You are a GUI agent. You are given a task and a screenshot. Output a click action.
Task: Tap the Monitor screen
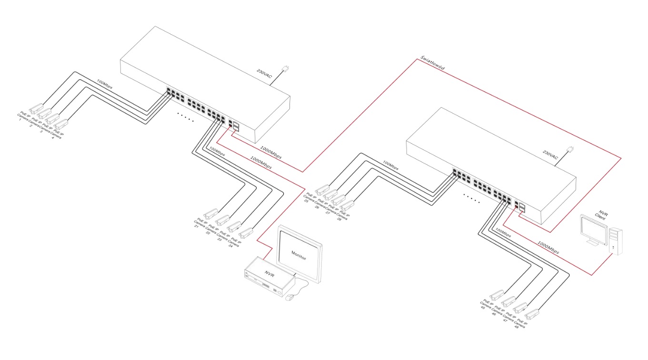coord(299,257)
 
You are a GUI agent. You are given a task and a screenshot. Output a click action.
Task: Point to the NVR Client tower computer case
coord(616,240)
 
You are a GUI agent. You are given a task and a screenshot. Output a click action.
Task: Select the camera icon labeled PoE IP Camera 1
coord(36,108)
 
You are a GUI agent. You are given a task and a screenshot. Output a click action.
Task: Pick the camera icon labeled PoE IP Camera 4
coord(62,125)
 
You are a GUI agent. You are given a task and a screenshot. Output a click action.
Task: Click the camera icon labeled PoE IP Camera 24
coord(245,233)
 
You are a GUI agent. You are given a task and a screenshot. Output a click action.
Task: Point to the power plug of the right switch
coord(571,150)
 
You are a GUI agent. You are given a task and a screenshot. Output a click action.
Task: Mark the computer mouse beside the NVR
coord(289,299)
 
